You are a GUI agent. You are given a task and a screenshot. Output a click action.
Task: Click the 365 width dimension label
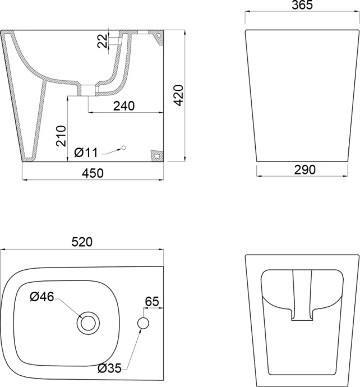(302, 6)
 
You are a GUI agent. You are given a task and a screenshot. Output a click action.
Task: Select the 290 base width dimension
(302, 169)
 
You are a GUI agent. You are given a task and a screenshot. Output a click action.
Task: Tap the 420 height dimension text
(178, 96)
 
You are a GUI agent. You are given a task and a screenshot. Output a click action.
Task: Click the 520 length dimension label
(82, 242)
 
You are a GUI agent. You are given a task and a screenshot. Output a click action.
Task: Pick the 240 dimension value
(123, 107)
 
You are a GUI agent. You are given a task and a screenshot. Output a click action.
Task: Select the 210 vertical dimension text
(61, 136)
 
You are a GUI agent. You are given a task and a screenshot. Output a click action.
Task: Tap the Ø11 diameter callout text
(86, 152)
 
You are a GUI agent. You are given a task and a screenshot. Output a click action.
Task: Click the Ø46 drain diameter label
(42, 297)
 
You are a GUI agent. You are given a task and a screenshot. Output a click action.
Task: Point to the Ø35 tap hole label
(112, 368)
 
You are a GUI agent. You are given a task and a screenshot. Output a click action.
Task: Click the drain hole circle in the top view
(88, 323)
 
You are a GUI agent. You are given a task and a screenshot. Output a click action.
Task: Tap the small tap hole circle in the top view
(144, 323)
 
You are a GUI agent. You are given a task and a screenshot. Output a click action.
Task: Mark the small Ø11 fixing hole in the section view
(124, 148)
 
